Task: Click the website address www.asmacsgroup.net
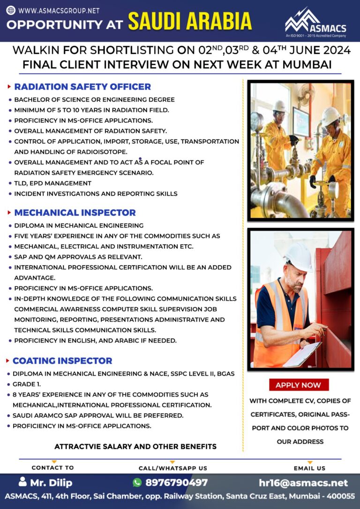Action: (x=59, y=10)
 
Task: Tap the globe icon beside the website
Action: (x=11, y=10)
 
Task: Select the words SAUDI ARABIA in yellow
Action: (x=190, y=22)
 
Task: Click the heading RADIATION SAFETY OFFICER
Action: (x=82, y=87)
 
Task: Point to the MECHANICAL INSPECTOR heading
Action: (x=75, y=212)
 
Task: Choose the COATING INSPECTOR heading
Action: (x=62, y=360)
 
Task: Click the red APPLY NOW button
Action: (x=299, y=385)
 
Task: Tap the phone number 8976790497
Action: (x=176, y=483)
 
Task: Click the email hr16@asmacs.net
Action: (x=303, y=483)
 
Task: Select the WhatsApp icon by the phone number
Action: (x=137, y=483)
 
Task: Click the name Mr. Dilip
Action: (x=52, y=483)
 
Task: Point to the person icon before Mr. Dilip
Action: (x=23, y=482)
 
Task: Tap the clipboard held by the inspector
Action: (x=302, y=354)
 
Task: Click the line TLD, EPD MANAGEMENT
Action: (x=52, y=183)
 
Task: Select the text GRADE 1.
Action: (x=27, y=384)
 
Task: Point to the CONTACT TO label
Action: (x=52, y=468)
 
